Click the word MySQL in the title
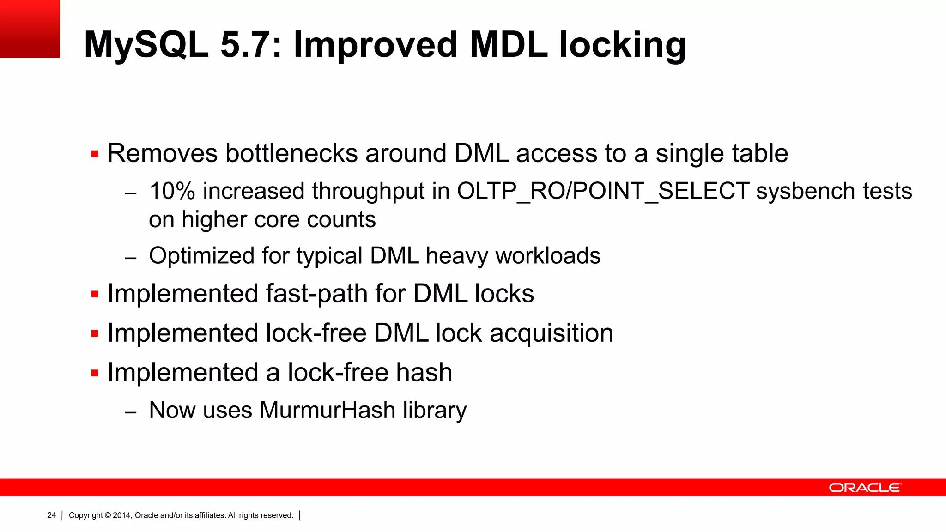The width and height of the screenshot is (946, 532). (146, 45)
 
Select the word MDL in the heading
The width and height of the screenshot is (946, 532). (509, 45)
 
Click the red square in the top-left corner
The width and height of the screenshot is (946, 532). (30, 29)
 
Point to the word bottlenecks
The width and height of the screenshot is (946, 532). (291, 153)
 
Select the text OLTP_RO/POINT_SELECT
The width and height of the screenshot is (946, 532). (603, 191)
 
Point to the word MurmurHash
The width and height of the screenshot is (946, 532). (327, 410)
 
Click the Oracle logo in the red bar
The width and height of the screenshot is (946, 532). (865, 488)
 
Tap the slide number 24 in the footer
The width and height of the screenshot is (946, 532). (51, 515)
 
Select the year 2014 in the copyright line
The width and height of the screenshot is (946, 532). (122, 515)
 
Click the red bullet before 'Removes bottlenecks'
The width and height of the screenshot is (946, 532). (95, 154)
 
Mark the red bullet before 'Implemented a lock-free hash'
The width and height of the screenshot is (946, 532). (95, 373)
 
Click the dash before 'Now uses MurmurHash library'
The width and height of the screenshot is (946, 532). (131, 411)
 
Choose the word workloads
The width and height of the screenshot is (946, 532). (548, 256)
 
